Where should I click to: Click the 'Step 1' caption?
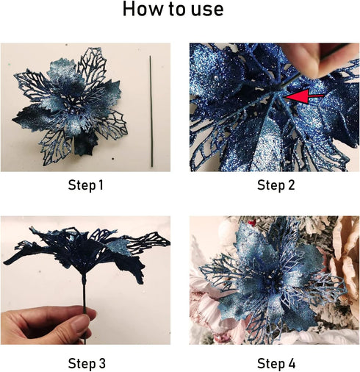pyautogui.click(x=85, y=185)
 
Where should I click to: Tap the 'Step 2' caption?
pyautogui.click(x=276, y=185)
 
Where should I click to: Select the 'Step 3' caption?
pyautogui.click(x=85, y=362)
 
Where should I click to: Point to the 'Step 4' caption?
pyautogui.click(x=276, y=362)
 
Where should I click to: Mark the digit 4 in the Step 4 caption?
pyautogui.click(x=292, y=362)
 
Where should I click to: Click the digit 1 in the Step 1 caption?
pyautogui.click(x=101, y=185)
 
